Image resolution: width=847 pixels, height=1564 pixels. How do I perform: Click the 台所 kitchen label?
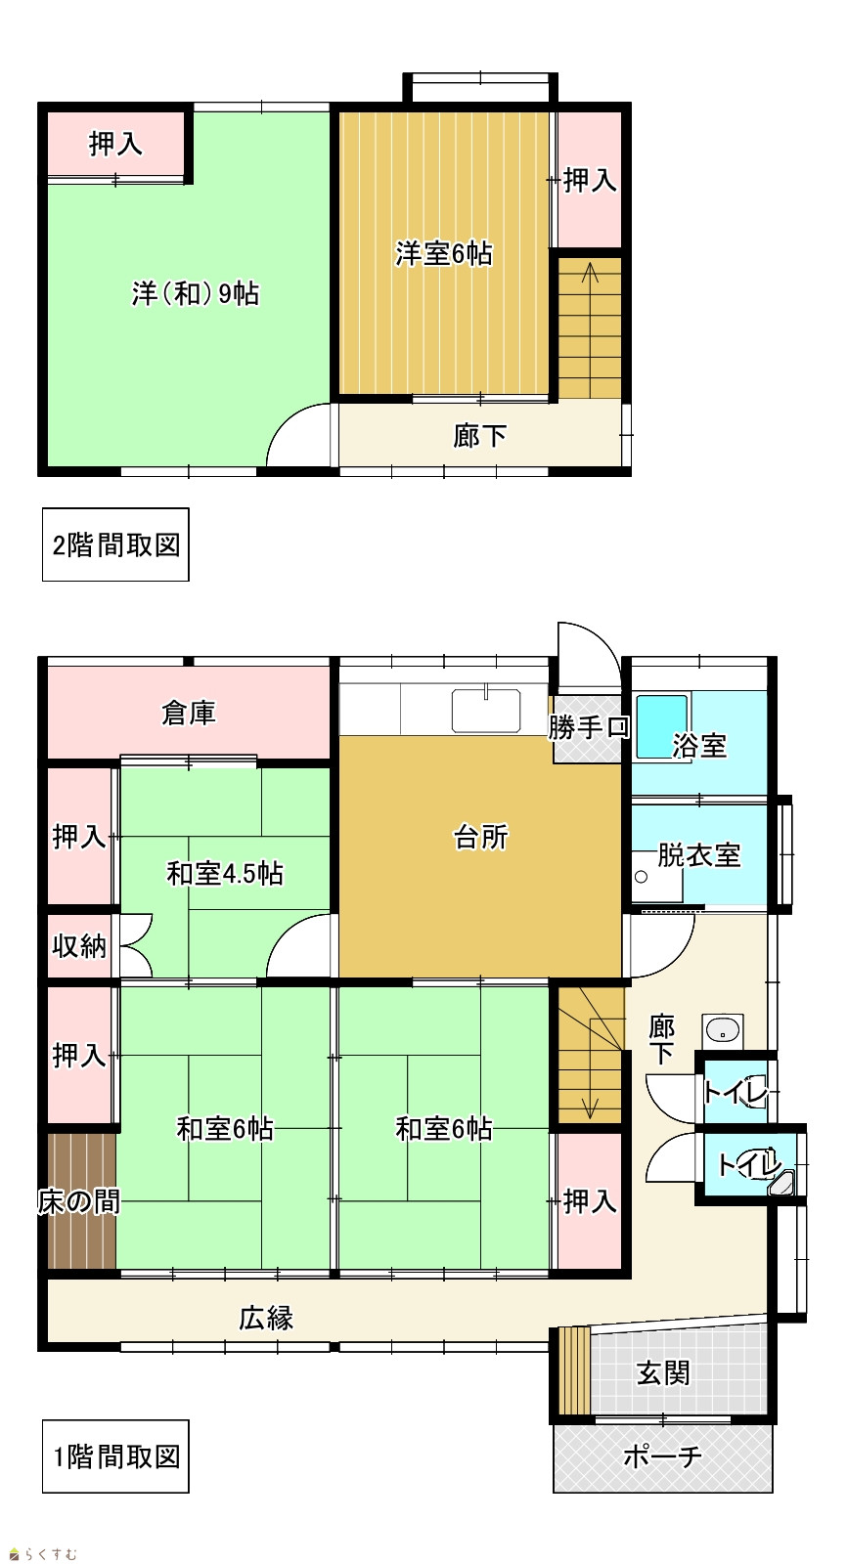[x=480, y=837]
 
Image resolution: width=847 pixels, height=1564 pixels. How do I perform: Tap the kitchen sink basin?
[x=486, y=710]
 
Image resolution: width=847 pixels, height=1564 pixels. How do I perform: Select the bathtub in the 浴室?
[x=662, y=726]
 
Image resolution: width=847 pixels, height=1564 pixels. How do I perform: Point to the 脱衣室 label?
[x=699, y=855]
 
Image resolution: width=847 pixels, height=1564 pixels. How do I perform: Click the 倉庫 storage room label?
[x=189, y=713]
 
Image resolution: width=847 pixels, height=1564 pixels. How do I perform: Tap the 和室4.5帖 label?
[x=225, y=874]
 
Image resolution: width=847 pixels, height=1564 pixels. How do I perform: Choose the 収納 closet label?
[x=79, y=946]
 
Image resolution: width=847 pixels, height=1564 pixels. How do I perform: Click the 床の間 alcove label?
[x=79, y=1201]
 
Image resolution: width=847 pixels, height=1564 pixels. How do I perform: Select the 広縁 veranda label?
[x=266, y=1319]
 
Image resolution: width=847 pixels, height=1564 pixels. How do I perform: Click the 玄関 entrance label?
[x=663, y=1372]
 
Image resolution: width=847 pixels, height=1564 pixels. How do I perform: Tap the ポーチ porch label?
[x=662, y=1456]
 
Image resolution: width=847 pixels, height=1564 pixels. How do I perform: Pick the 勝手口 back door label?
[x=589, y=727]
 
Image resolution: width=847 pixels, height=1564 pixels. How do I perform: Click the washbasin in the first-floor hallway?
[x=723, y=1030]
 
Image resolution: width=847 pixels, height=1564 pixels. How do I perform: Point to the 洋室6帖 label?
[x=444, y=253]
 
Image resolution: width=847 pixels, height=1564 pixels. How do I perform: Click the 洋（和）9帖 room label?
[x=196, y=293]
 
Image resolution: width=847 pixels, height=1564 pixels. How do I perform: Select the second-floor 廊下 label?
[x=479, y=436]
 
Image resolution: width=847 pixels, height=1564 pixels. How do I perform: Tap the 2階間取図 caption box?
[x=116, y=544]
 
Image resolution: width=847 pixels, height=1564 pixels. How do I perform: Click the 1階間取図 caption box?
[x=116, y=1456]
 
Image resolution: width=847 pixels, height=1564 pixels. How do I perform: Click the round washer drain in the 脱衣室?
[x=642, y=878]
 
